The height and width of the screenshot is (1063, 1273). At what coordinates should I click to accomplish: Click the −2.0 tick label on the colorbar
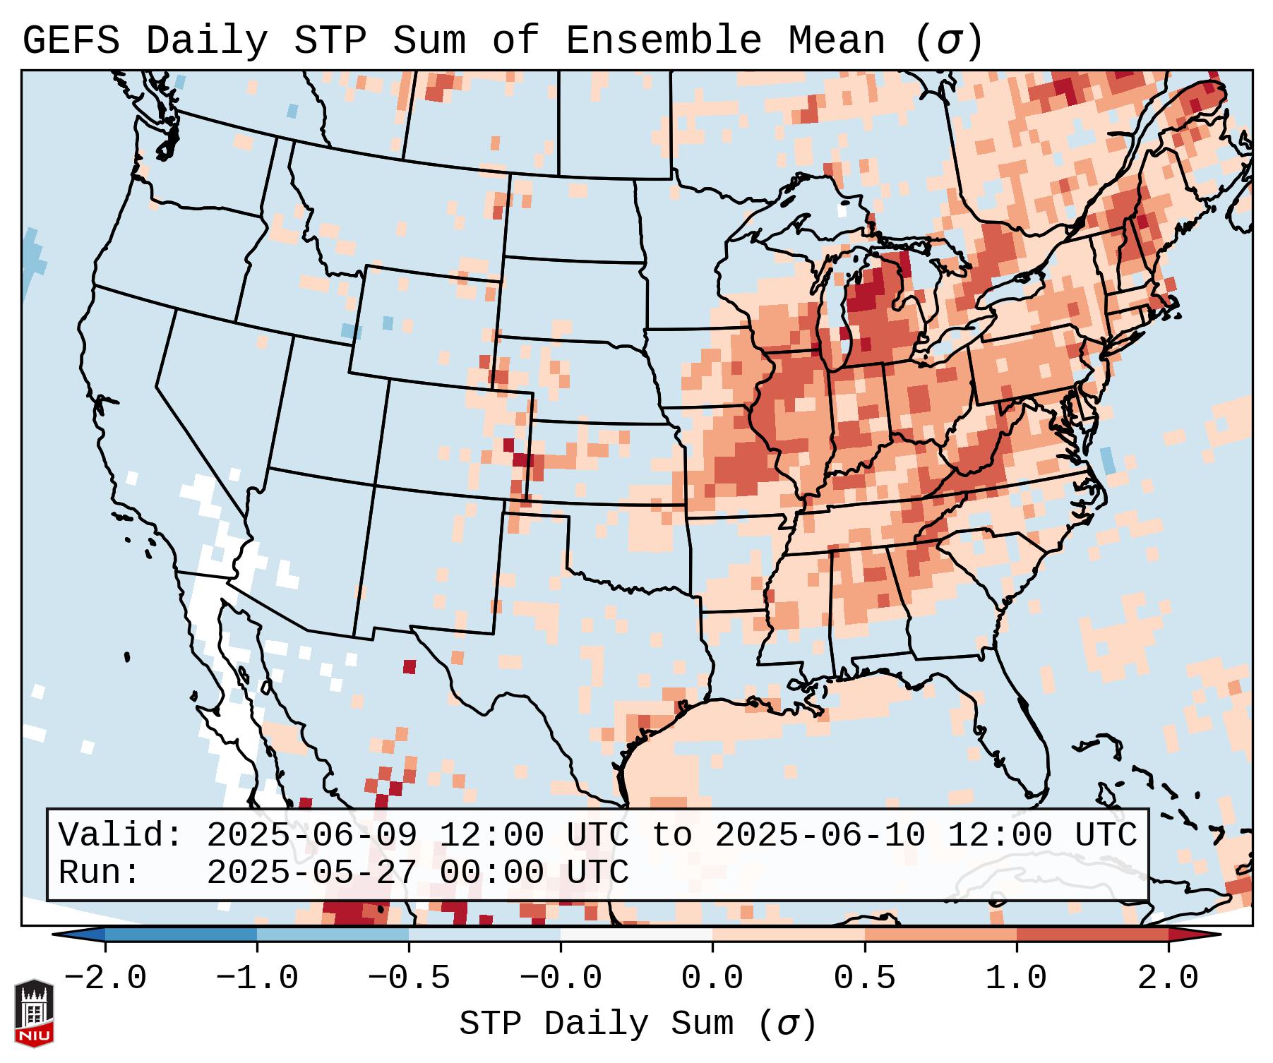click(105, 978)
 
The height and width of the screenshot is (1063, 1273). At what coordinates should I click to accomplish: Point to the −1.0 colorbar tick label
click(257, 978)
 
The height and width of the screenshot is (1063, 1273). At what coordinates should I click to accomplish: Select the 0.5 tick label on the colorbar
click(864, 978)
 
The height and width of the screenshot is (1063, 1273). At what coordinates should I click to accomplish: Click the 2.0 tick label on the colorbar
click(1168, 978)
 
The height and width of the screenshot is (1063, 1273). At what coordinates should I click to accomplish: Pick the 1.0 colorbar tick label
click(1016, 978)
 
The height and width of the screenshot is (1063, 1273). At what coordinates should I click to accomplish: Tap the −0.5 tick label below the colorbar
click(409, 978)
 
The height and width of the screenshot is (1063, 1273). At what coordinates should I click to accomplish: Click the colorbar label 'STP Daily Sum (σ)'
click(638, 1023)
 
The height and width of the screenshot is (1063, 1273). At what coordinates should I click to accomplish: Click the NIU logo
click(34, 1013)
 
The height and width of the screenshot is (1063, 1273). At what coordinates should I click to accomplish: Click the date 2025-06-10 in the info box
click(820, 836)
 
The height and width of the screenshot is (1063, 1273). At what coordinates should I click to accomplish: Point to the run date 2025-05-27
click(311, 873)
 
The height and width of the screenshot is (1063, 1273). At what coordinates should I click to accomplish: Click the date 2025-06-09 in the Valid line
click(311, 836)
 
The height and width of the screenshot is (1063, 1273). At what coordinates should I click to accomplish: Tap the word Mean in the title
click(837, 41)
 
